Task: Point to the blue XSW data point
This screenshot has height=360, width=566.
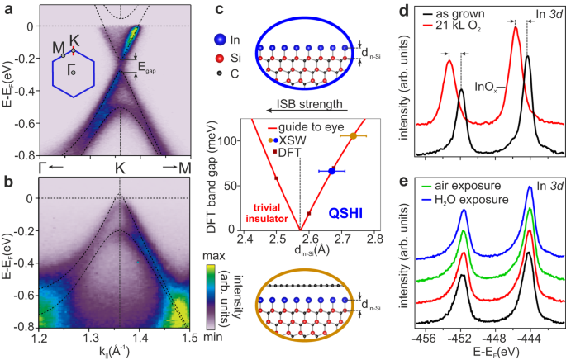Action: (332, 171)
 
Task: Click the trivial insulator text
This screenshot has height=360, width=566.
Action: (272, 213)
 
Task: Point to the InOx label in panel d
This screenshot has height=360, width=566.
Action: (487, 84)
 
